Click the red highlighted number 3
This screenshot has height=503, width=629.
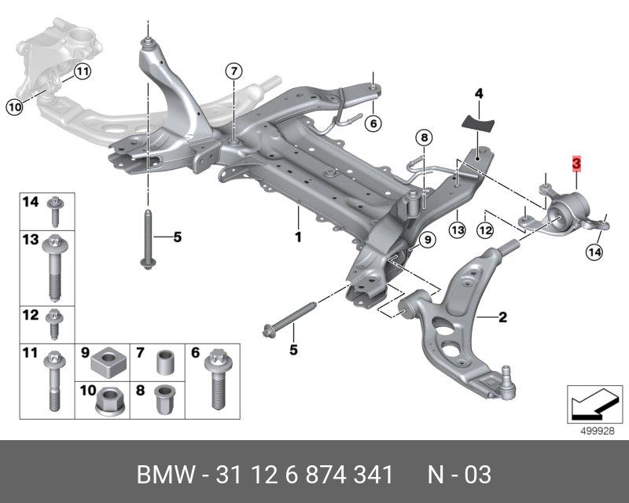click(x=576, y=164)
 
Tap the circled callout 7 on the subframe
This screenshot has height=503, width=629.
click(x=233, y=71)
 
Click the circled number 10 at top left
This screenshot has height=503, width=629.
click(x=13, y=108)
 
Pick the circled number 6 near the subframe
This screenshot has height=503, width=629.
click(x=373, y=123)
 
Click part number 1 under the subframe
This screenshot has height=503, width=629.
click(x=298, y=236)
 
